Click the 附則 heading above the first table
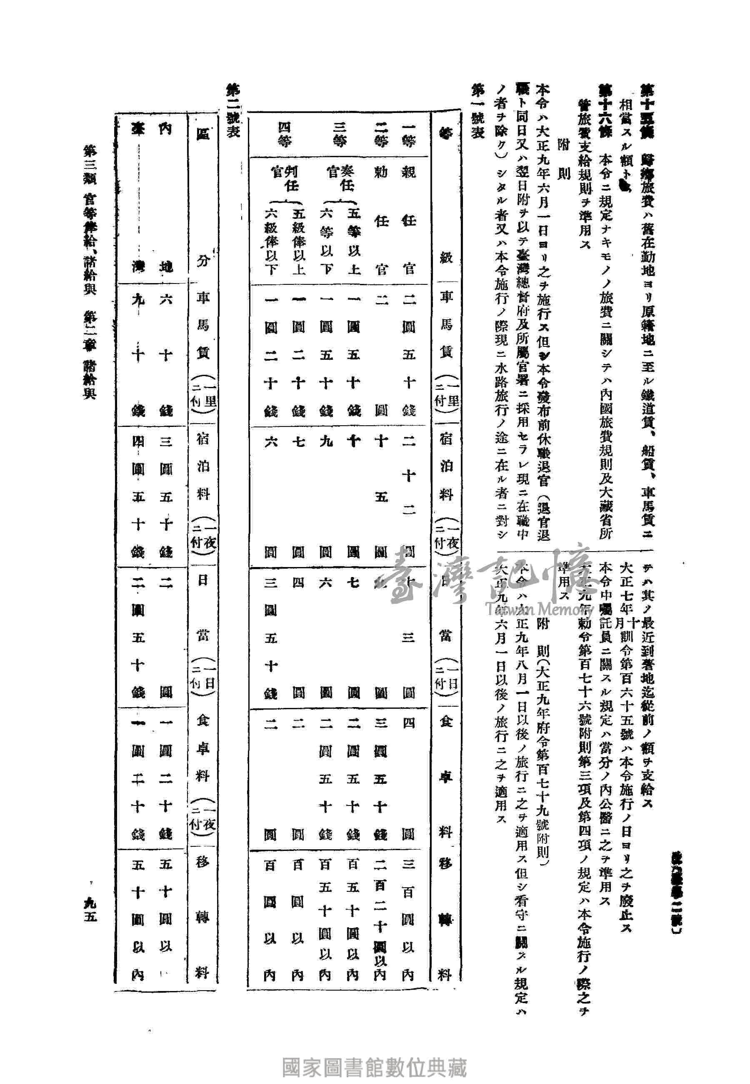click(563, 160)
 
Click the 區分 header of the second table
click(202, 198)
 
